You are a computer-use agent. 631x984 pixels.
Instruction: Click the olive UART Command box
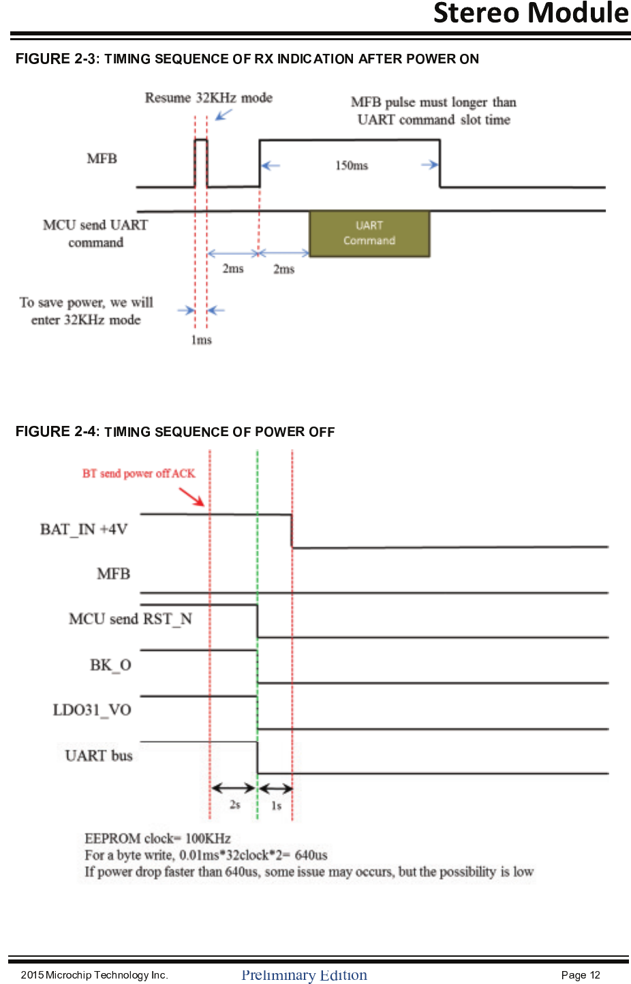pos(369,233)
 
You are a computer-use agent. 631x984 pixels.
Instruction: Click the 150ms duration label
pos(351,166)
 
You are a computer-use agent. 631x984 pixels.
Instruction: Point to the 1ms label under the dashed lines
pos(201,339)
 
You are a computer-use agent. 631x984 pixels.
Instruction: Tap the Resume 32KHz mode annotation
pos(208,98)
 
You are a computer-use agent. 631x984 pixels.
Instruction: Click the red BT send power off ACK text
pos(138,473)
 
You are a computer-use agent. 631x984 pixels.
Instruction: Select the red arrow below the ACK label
pos(191,497)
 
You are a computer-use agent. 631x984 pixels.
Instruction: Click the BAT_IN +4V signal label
pos(84,529)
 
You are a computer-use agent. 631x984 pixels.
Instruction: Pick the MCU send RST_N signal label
pos(130,619)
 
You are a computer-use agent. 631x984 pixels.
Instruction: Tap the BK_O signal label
pos(110,665)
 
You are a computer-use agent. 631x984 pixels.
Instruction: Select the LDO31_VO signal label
pos(92,710)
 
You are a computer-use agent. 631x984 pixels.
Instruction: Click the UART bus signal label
pos(99,756)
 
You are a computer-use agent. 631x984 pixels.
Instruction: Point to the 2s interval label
pos(234,805)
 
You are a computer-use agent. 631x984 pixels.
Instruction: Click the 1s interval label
pos(276,805)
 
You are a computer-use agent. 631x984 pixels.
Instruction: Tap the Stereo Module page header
pos(531,13)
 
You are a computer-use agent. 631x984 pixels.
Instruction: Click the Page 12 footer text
pos(581,975)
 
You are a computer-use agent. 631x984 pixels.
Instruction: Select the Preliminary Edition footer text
pos(304,975)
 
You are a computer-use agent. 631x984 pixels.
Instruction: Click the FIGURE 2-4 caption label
pos(57,431)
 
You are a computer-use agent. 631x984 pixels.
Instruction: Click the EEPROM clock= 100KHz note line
pos(157,838)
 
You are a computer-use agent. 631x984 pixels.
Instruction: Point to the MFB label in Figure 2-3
pos(102,159)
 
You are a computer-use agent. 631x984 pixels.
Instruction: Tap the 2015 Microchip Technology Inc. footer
pos(94,975)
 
